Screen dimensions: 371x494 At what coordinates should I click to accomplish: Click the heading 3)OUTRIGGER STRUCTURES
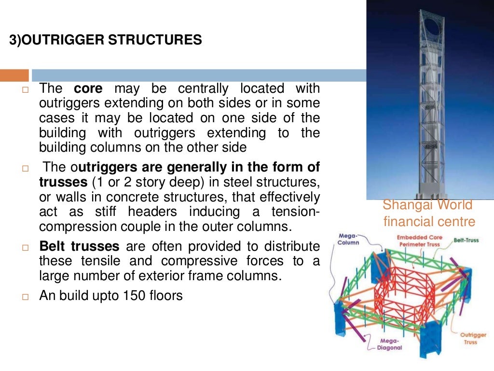pos(106,40)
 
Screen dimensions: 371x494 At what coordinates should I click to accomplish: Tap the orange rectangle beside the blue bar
pos(14,75)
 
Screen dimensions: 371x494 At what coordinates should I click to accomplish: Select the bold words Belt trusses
pos(80,247)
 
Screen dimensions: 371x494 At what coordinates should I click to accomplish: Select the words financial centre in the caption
pos(429,222)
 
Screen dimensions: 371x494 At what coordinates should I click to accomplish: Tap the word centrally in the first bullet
pos(203,89)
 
